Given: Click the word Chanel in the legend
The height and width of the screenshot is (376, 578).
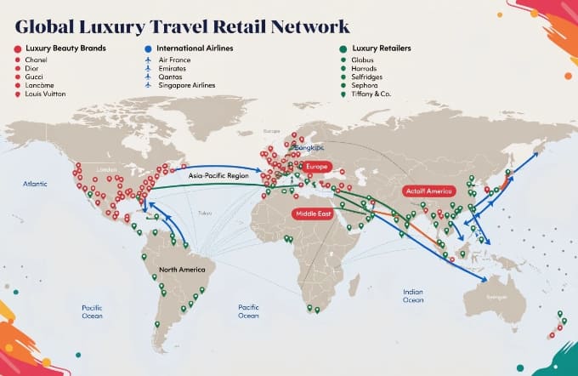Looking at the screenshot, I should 37,60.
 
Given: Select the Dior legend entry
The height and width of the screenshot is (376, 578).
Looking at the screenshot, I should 33,69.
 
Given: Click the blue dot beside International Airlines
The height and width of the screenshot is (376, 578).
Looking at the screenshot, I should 148,48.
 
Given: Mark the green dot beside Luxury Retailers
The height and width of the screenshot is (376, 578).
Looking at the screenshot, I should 342,48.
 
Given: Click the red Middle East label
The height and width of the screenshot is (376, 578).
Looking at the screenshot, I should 312,213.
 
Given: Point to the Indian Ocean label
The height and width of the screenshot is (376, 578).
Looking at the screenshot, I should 413,295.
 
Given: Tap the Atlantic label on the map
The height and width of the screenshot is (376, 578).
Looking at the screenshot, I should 36,182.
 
